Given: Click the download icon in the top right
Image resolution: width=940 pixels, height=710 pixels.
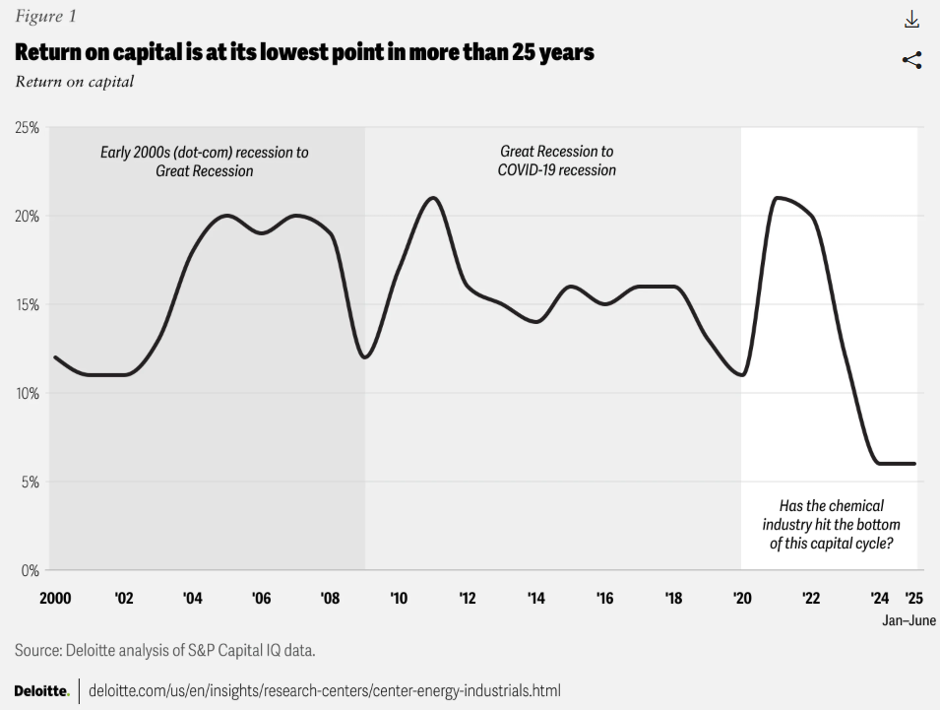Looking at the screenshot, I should click(911, 20).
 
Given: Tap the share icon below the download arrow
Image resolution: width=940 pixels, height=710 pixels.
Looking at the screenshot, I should click(911, 60).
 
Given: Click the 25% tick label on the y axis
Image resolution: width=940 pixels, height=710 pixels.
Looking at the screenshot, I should click(27, 128).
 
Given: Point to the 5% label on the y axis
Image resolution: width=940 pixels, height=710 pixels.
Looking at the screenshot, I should click(30, 482).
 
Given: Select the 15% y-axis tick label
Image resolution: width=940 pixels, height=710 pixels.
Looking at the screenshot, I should click(27, 304).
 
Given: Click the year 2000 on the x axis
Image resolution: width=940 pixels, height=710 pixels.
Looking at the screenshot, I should click(55, 598).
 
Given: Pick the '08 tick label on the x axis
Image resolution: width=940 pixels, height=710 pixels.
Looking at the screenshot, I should click(330, 598).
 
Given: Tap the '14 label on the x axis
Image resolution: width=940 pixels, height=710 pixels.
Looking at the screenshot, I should click(536, 598).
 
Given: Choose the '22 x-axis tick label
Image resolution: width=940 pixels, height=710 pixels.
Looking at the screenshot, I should click(811, 598).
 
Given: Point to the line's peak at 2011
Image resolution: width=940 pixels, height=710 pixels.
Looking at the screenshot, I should click(432, 198).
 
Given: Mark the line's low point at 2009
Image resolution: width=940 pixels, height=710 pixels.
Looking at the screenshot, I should click(364, 357).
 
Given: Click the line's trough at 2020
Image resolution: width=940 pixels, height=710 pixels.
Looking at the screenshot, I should click(741, 375).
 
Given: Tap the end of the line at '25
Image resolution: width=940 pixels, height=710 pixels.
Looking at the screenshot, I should click(914, 464).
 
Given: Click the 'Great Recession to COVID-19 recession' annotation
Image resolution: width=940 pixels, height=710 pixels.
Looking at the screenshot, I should click(557, 161).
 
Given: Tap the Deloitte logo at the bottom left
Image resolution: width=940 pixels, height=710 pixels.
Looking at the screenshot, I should click(41, 690).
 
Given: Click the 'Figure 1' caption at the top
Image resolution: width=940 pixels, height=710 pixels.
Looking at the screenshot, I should click(45, 17).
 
